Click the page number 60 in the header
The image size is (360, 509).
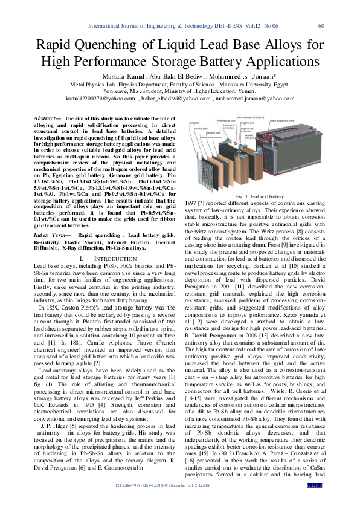click(x=321, y=25)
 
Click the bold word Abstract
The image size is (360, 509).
click(x=46, y=118)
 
